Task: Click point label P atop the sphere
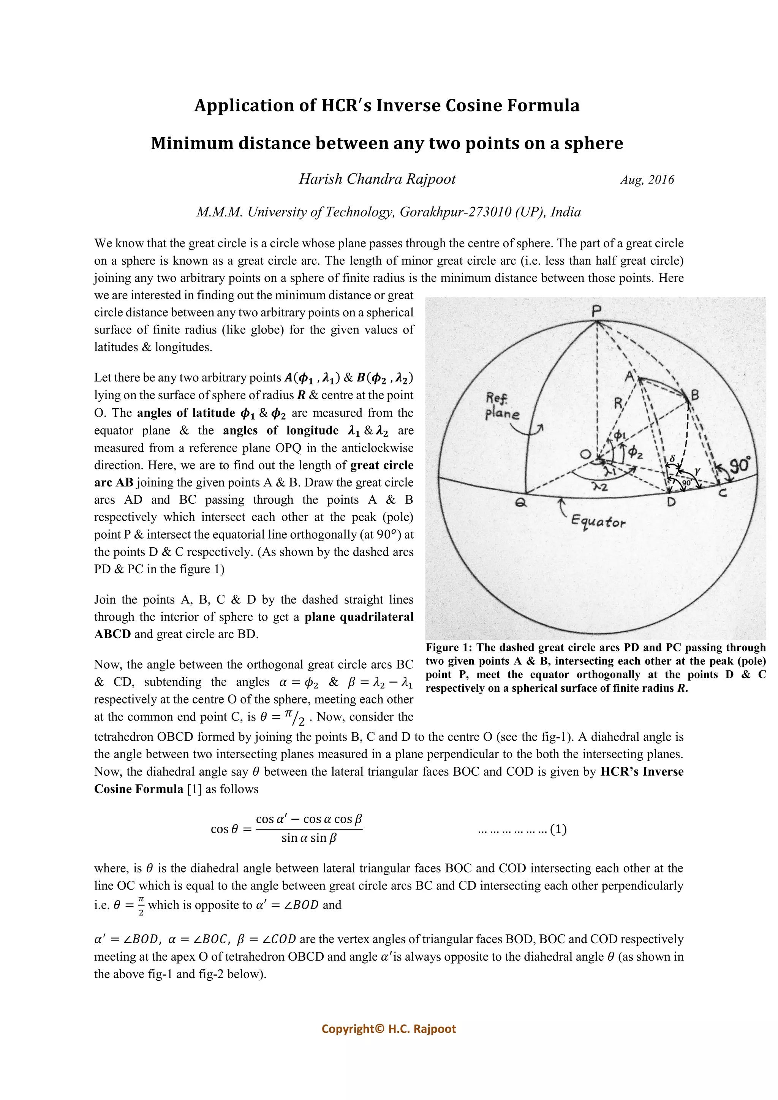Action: tap(596, 312)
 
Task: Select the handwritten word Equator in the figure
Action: tap(598, 522)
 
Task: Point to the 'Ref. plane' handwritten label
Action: tap(501, 406)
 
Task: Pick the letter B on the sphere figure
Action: tap(695, 396)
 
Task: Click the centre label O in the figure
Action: tap(585, 454)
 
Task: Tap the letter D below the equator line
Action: tap(671, 502)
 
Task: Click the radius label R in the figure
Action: tap(618, 403)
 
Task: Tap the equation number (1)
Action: tap(558, 829)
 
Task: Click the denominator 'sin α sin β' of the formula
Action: tap(309, 838)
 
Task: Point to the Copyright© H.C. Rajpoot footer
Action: tap(389, 1029)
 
